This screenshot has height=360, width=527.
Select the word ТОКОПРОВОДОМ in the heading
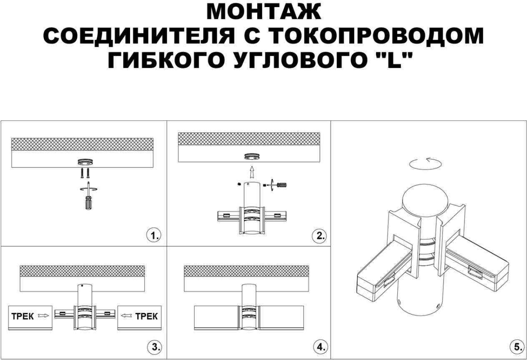pyautogui.click(x=376, y=36)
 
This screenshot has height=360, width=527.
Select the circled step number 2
pyautogui.click(x=319, y=236)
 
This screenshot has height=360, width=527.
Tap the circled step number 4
pyautogui.click(x=319, y=347)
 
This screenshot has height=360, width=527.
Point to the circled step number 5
pyautogui.click(x=517, y=347)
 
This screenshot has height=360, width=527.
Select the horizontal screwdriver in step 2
pyautogui.click(x=278, y=184)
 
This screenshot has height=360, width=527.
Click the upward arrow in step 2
pyautogui.click(x=251, y=172)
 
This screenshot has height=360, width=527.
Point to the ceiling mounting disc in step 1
pyautogui.click(x=85, y=162)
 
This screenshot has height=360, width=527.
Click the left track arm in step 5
pyautogui.click(x=384, y=271)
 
